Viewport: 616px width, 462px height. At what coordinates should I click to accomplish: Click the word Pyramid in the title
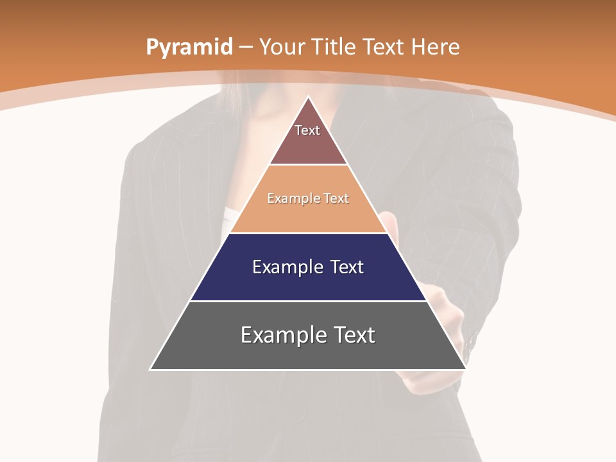point(189,47)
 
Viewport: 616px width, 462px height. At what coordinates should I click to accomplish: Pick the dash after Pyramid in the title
point(246,47)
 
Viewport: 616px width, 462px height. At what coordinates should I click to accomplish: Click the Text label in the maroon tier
point(307,130)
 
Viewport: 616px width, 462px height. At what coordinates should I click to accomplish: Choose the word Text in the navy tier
point(347,267)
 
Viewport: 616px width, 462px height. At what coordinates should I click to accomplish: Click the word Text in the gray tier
point(354,335)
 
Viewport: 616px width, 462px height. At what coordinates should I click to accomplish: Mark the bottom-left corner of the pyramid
point(150,370)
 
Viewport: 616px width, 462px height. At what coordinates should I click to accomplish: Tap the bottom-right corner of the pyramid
point(466,370)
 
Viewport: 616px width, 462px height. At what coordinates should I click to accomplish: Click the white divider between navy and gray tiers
point(308,301)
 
